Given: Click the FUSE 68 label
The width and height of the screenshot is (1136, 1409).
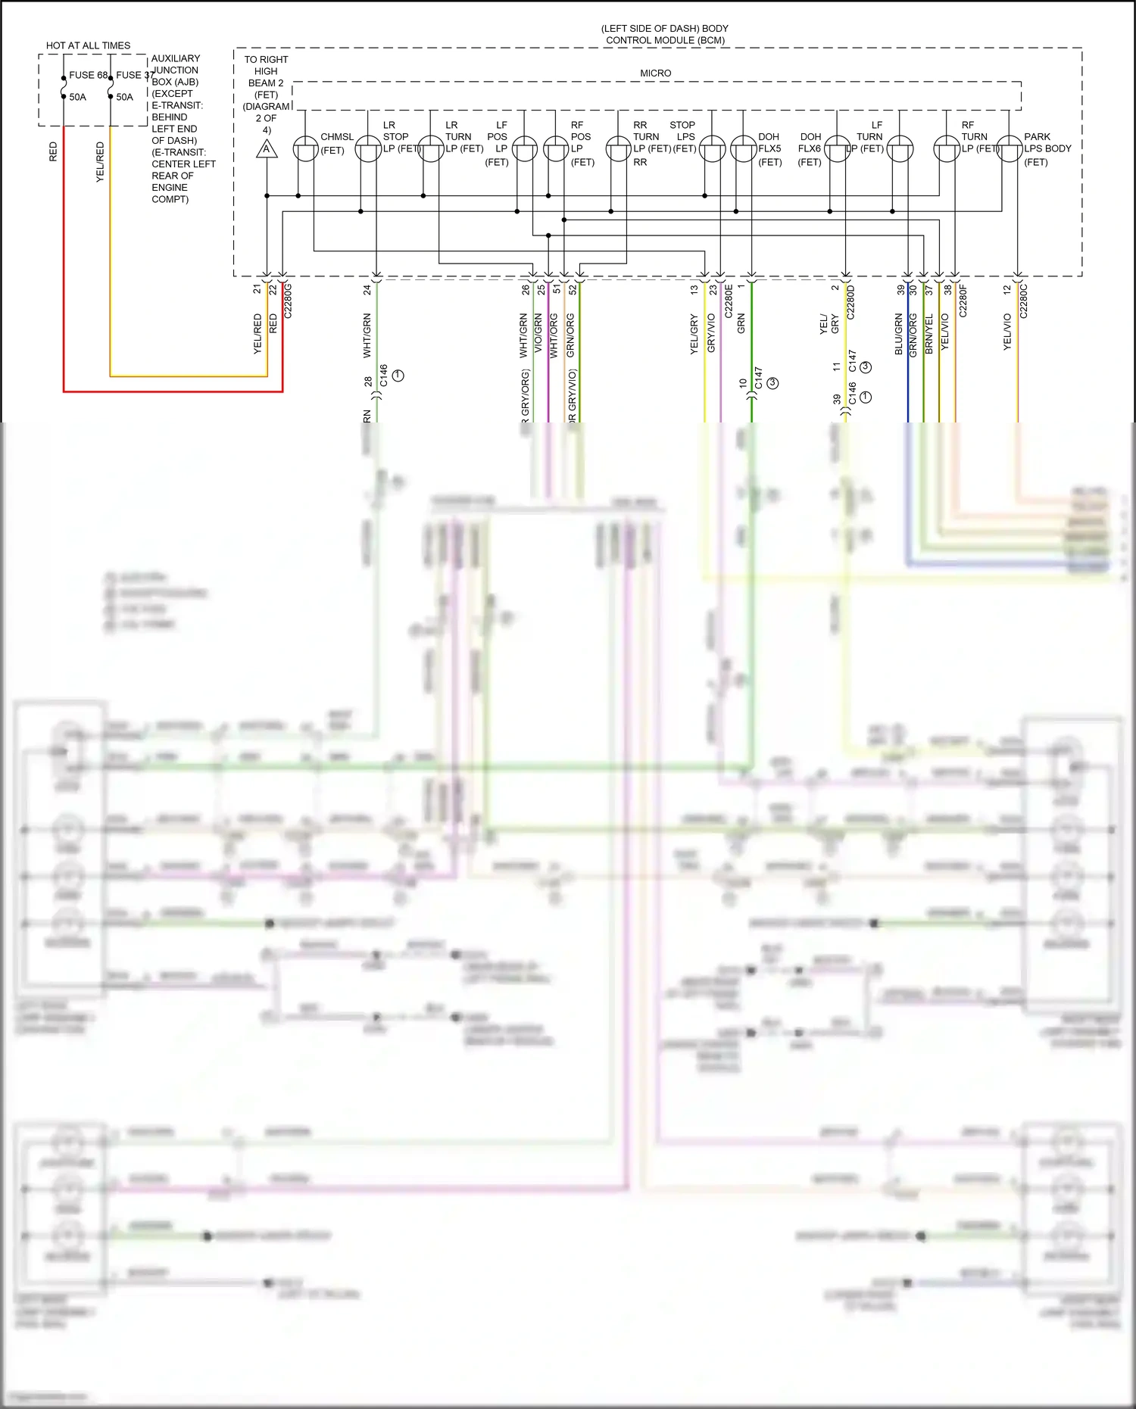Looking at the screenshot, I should [88, 75].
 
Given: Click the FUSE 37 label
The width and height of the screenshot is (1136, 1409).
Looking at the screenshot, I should [135, 75].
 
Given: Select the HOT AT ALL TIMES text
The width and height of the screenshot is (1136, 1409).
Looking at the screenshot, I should [88, 45].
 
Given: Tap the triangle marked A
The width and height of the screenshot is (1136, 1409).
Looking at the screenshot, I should [266, 149].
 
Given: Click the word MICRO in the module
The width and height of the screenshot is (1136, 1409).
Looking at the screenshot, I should [655, 73].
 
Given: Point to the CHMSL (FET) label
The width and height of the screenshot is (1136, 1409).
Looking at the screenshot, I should [336, 143].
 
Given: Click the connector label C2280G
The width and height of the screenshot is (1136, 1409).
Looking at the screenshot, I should [288, 301].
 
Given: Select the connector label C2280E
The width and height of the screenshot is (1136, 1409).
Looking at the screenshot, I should [729, 301].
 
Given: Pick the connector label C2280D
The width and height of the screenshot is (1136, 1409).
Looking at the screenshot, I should [850, 301].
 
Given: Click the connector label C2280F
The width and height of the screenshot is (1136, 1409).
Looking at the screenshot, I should [963, 301].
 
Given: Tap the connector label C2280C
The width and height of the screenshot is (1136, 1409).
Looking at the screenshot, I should [1023, 301].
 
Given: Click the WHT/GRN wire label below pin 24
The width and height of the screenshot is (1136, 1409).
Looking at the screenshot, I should [367, 335].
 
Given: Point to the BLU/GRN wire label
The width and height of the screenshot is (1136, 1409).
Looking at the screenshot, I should [899, 334].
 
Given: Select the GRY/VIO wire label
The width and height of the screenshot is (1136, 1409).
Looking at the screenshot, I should [711, 333].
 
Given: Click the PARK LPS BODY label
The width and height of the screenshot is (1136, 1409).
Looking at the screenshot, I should [1047, 149].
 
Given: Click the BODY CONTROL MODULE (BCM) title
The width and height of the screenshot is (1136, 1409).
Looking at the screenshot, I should [664, 34].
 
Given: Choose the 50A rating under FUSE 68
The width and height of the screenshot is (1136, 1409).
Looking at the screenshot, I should [77, 97].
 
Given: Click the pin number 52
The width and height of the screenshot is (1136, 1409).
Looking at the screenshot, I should [573, 288].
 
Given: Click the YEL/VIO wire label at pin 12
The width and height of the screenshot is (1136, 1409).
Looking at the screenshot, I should [1007, 332].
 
